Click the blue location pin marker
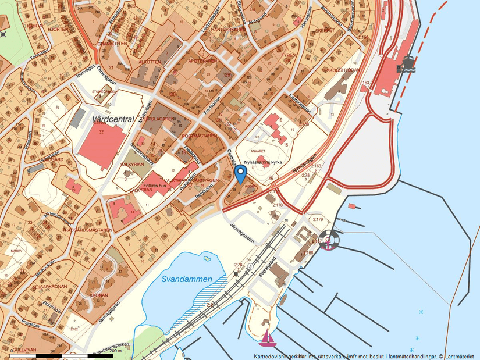[240, 174]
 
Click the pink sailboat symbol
[266, 337]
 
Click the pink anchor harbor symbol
[328, 240]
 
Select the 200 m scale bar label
[115, 351]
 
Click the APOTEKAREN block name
[202, 60]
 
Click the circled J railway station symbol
[250, 266]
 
